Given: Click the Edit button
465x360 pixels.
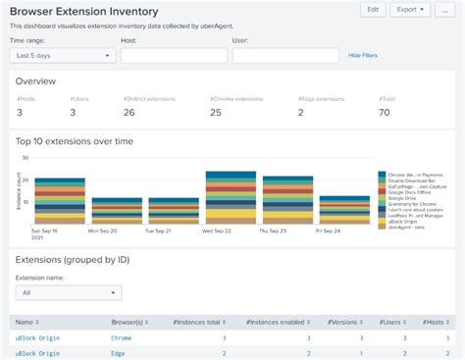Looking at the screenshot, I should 372,9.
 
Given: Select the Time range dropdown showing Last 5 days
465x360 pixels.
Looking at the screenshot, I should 61,57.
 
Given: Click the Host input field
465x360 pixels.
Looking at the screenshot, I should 173,57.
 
